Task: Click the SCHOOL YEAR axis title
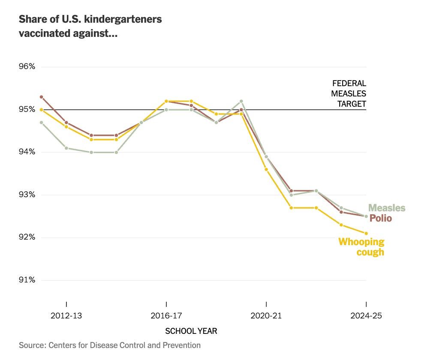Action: pos(191,331)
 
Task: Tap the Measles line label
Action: pos(387,208)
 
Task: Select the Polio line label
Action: pos(380,218)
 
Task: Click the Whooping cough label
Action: pos(362,247)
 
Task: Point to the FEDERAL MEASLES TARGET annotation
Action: pos(349,93)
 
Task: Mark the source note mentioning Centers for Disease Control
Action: pos(110,345)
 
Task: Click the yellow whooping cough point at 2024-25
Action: pos(366,233)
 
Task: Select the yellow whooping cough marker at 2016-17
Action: pos(166,101)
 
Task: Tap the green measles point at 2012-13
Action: pos(66,148)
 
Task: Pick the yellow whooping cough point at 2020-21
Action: pos(266,169)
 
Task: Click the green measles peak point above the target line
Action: pos(241,101)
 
